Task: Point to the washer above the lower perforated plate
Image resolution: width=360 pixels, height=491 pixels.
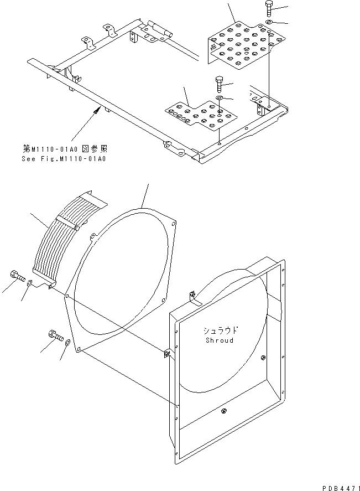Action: [x=220, y=99]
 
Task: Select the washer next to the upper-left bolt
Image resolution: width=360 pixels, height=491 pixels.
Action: [x=30, y=284]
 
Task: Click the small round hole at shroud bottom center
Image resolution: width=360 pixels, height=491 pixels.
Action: [x=224, y=410]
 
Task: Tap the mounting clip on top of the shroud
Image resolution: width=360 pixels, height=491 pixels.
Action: [x=191, y=297]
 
